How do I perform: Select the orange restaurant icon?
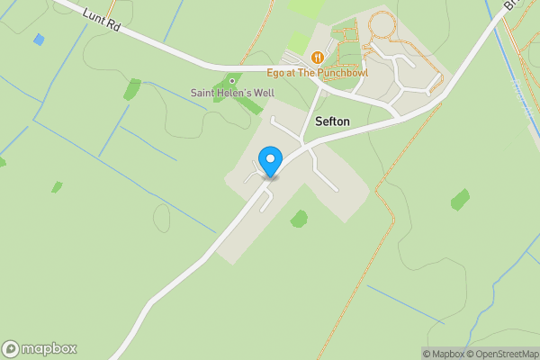coord(317,58)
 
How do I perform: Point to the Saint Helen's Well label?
coord(233,93)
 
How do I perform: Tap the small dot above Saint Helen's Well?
coord(232,81)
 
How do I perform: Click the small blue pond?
coord(38,40)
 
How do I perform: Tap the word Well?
coord(265,93)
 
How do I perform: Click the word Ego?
coord(276,71)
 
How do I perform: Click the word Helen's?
coord(235,93)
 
